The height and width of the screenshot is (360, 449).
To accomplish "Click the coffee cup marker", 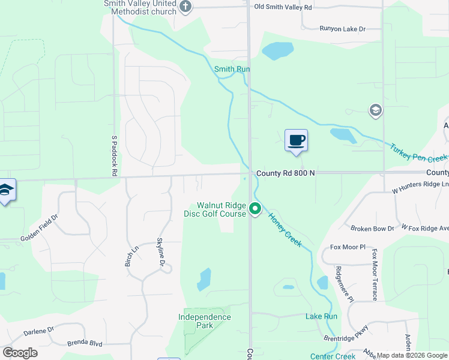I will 295,141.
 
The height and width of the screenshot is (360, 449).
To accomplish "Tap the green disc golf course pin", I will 255,209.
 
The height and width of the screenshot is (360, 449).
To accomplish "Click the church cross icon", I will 185,7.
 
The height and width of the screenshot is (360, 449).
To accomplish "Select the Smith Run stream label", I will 232,69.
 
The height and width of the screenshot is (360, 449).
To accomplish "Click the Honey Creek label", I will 289,229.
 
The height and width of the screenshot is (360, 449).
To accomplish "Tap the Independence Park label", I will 204,321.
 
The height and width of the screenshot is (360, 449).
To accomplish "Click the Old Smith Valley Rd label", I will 283,7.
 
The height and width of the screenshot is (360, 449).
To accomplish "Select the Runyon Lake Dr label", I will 342,28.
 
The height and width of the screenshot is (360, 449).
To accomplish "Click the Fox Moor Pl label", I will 348,247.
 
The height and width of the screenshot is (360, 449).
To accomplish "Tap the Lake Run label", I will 321,316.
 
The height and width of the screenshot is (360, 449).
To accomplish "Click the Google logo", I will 20,353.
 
